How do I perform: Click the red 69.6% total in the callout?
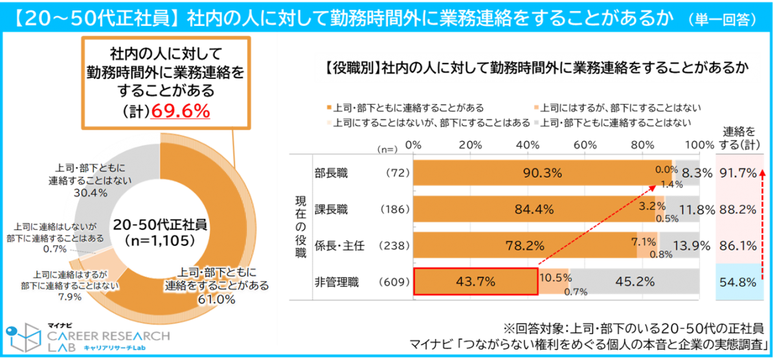180,112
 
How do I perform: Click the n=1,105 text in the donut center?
159,239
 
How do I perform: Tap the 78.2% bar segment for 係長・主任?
523,245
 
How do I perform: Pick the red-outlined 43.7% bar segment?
476,282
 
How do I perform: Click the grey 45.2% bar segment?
635,282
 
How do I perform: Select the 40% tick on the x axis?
528,144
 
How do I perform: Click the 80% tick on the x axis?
643,144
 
